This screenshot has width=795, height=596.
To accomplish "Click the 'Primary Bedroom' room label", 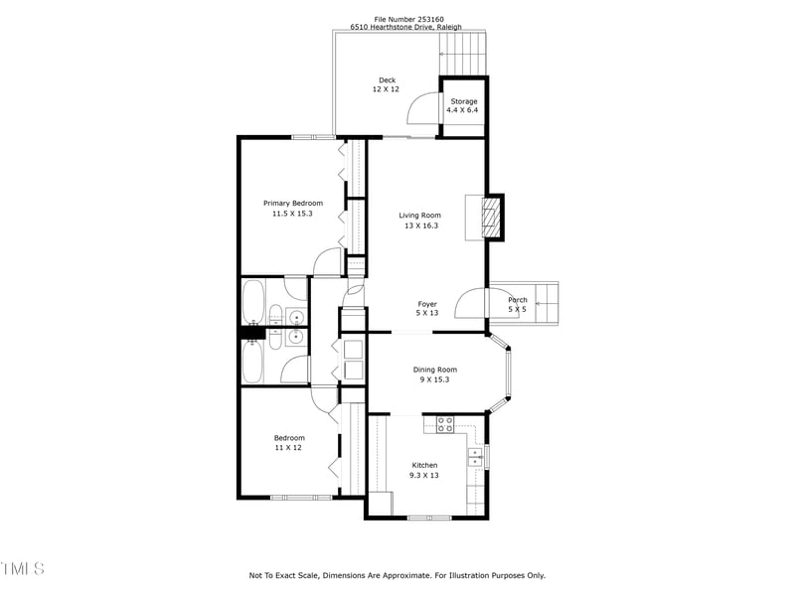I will (x=293, y=203).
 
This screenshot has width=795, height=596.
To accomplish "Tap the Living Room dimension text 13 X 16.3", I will (x=420, y=225).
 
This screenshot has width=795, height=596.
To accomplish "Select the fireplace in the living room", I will (x=490, y=215).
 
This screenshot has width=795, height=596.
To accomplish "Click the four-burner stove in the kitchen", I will (x=445, y=424).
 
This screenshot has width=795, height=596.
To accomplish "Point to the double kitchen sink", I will (x=475, y=457).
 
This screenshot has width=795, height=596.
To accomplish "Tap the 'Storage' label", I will (x=464, y=101).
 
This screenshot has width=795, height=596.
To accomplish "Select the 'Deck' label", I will (x=387, y=80).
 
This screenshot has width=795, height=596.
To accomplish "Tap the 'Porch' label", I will (x=518, y=300).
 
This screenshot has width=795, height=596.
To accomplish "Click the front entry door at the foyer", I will (x=470, y=302).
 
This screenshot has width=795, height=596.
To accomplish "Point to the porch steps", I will (x=547, y=299).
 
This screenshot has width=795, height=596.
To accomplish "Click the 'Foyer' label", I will (x=426, y=304).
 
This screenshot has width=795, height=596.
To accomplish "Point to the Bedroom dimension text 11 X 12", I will (x=289, y=448).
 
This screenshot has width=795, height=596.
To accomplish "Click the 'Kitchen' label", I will (x=424, y=465).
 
